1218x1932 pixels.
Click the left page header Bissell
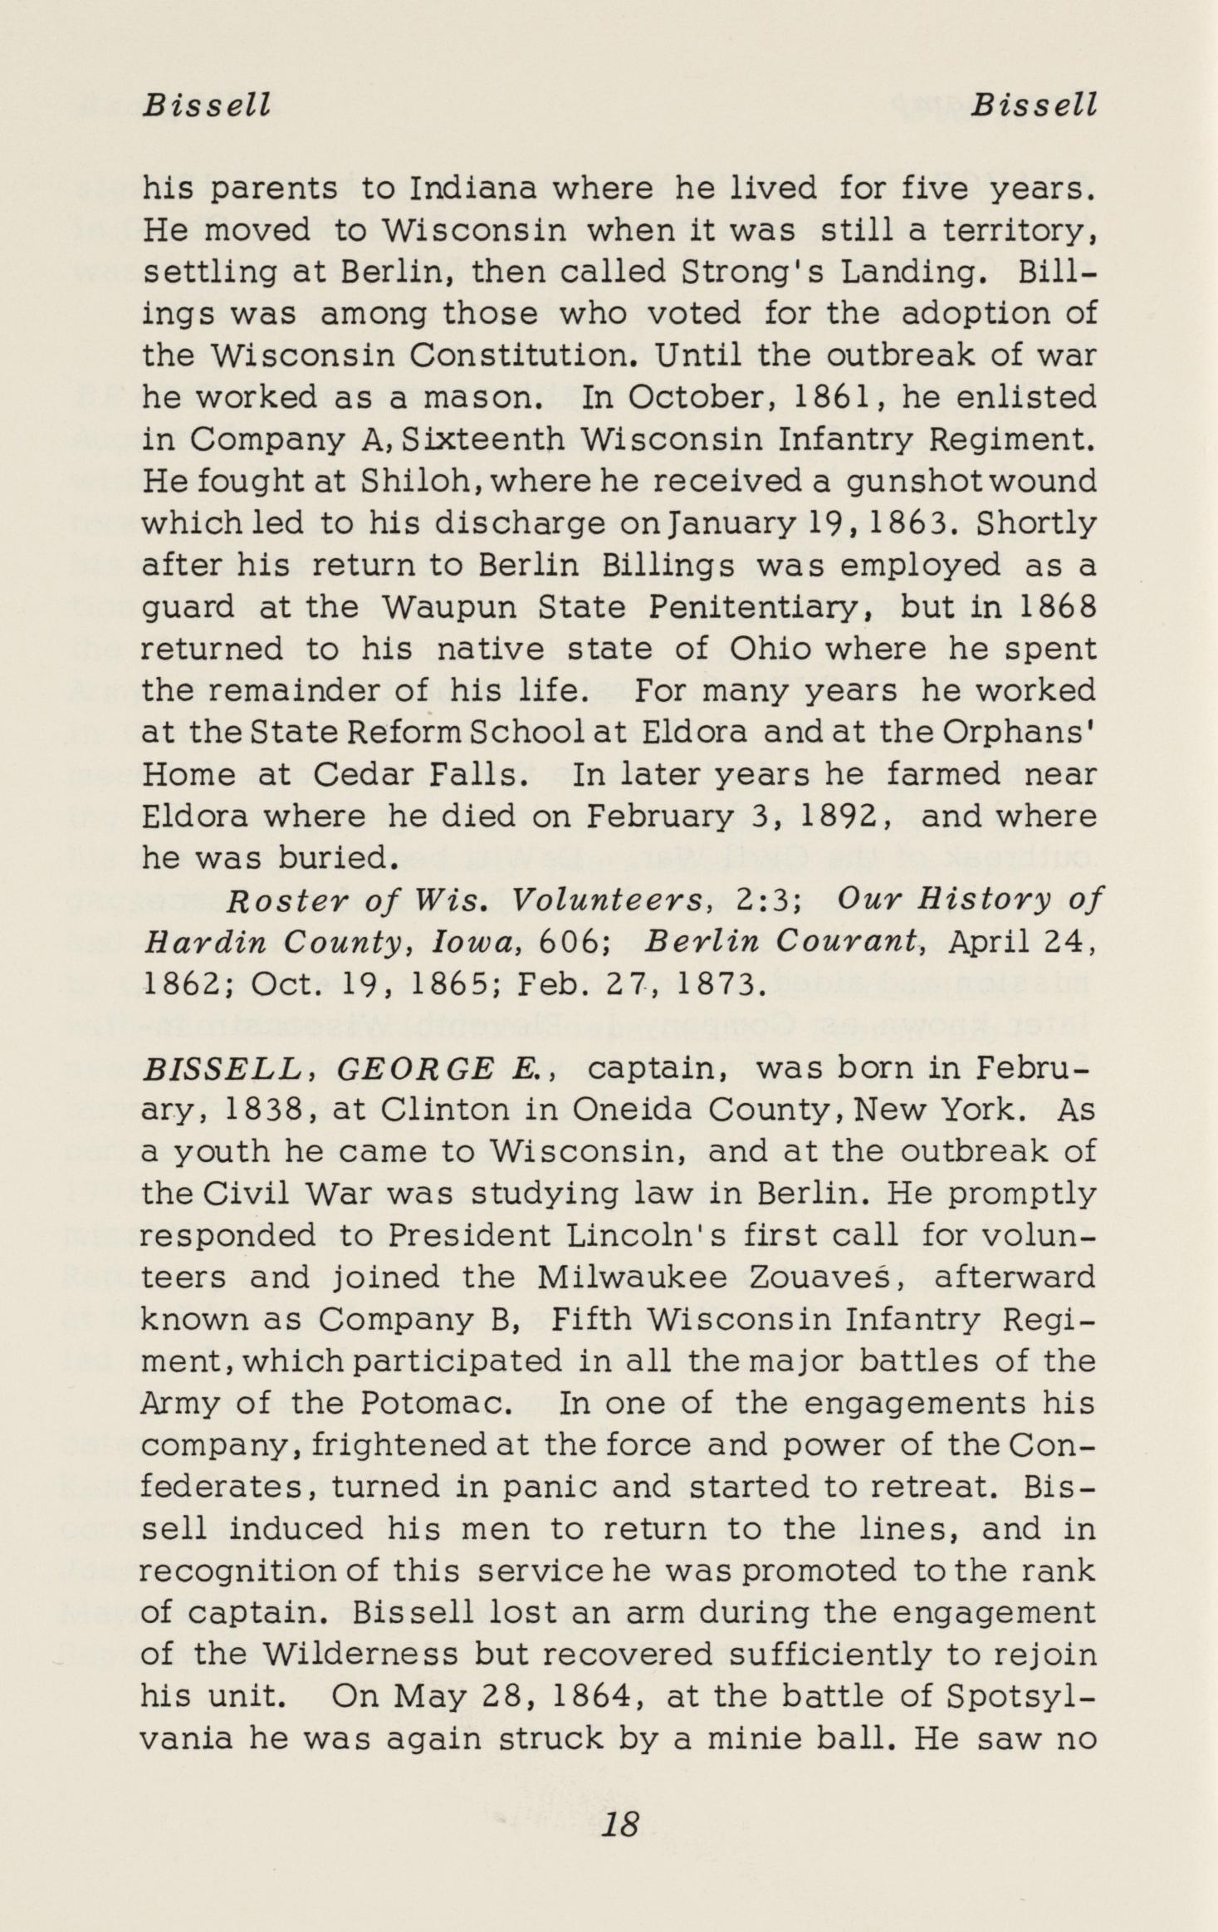207,105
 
